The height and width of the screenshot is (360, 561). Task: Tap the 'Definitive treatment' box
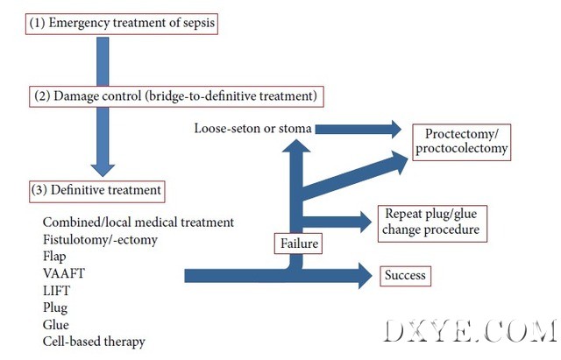coord(96,188)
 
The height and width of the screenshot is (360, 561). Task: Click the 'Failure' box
coord(298,243)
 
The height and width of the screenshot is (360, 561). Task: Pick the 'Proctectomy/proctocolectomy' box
coord(461,141)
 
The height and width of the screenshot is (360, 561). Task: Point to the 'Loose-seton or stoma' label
coord(253,130)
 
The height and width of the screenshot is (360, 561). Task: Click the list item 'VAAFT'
coord(59,272)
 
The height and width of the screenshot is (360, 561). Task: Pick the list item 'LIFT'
coord(54,289)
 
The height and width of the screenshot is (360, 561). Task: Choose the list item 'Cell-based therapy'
coord(93,341)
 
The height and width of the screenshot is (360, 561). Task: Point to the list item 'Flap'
coord(54,256)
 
